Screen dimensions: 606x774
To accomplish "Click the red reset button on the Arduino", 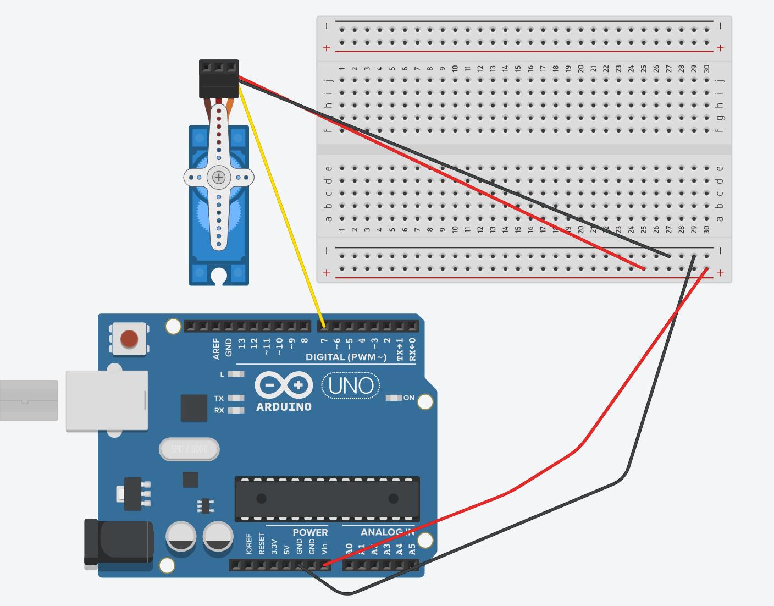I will point(129,339).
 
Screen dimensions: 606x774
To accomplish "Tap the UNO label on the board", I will point(351,386).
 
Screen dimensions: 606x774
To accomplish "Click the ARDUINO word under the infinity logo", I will point(284,407).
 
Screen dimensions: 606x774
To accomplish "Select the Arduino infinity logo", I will point(284,384).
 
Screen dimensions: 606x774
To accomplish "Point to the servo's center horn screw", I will point(219,177).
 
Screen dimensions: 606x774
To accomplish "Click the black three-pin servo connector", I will point(219,79).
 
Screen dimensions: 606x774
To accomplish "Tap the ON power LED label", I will point(409,398).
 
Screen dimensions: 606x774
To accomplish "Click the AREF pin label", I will point(216,349).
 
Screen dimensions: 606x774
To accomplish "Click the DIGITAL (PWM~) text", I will point(346,357).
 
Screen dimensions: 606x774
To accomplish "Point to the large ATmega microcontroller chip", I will point(327,499).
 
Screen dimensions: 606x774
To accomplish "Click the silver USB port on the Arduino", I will point(107,400).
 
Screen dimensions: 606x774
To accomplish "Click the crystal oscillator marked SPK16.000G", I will point(189,449).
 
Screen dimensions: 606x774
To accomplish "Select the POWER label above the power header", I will point(310,532).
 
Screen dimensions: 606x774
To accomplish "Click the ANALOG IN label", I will point(387,532).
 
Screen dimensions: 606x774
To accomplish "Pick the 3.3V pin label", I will point(274,546).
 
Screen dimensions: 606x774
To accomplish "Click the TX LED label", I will point(219,398).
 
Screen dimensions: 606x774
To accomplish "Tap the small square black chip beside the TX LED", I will point(193,408).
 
